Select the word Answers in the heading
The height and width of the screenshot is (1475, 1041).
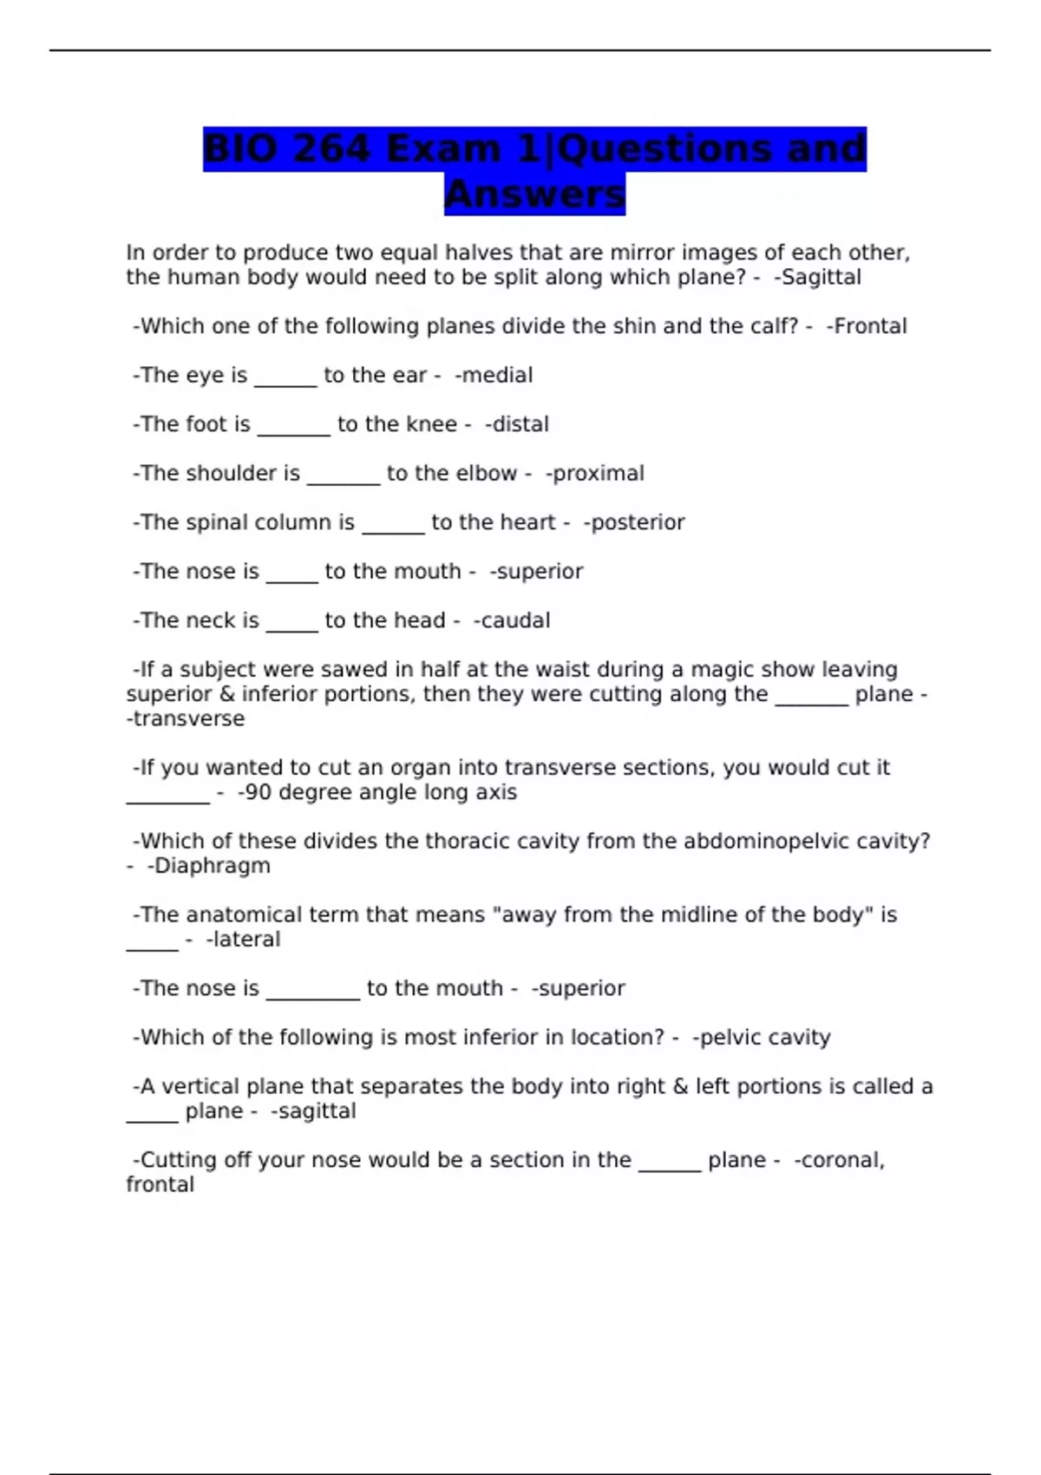pyautogui.click(x=534, y=194)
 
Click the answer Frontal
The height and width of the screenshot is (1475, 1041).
pyautogui.click(x=870, y=326)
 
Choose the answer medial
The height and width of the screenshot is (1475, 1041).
pyautogui.click(x=496, y=376)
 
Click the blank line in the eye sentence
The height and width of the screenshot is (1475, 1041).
pyautogui.click(x=285, y=383)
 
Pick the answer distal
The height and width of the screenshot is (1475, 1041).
pyautogui.click(x=520, y=424)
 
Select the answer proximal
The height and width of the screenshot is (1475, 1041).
pyautogui.click(x=598, y=474)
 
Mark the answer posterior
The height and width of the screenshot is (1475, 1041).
pyautogui.click(x=638, y=522)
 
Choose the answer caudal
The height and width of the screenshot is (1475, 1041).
pyautogui.click(x=515, y=620)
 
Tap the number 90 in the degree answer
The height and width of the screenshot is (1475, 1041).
pyautogui.click(x=259, y=792)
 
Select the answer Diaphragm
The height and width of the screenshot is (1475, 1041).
pyautogui.click(x=212, y=866)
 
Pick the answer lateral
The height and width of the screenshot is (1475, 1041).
pyautogui.click(x=246, y=940)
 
